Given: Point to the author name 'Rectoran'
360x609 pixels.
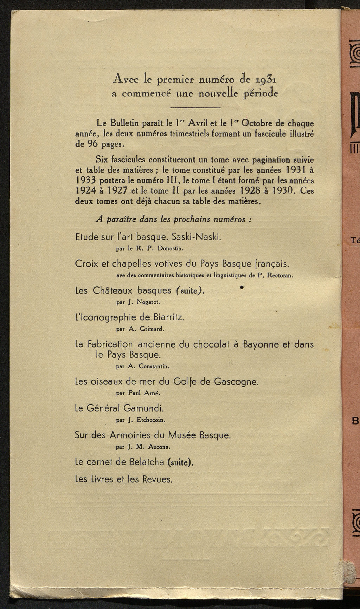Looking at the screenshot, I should [279, 276].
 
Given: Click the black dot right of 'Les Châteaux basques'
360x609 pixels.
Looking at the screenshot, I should [242, 288].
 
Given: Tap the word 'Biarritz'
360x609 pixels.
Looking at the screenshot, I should [168, 317].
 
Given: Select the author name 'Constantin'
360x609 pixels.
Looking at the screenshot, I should [154, 366].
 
